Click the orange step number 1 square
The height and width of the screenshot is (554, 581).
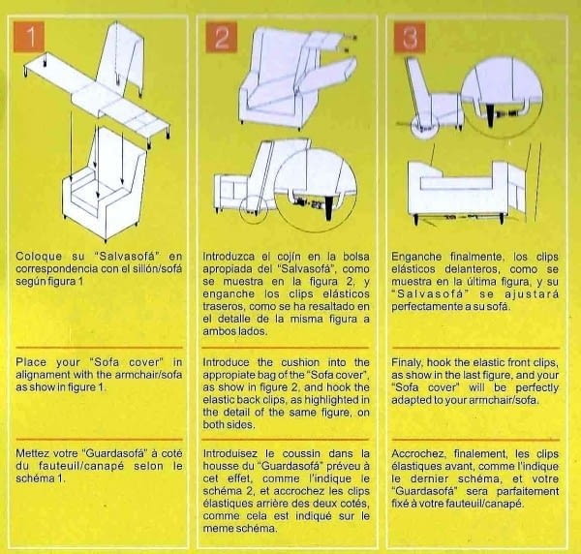pyautogui.click(x=29, y=37)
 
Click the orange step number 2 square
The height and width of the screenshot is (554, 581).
pyautogui.click(x=222, y=38)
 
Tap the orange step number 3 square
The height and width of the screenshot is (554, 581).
pyautogui.click(x=410, y=38)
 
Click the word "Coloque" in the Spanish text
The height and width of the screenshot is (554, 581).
pyautogui.click(x=39, y=256)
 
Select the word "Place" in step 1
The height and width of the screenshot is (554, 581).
pyautogui.click(x=31, y=362)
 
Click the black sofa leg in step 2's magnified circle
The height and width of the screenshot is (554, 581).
pyautogui.click(x=329, y=208)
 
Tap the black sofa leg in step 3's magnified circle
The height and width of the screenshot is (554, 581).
pyautogui.click(x=491, y=115)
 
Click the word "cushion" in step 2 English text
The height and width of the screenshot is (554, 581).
pyautogui.click(x=300, y=362)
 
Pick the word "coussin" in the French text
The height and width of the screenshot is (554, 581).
pyautogui.click(x=301, y=453)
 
